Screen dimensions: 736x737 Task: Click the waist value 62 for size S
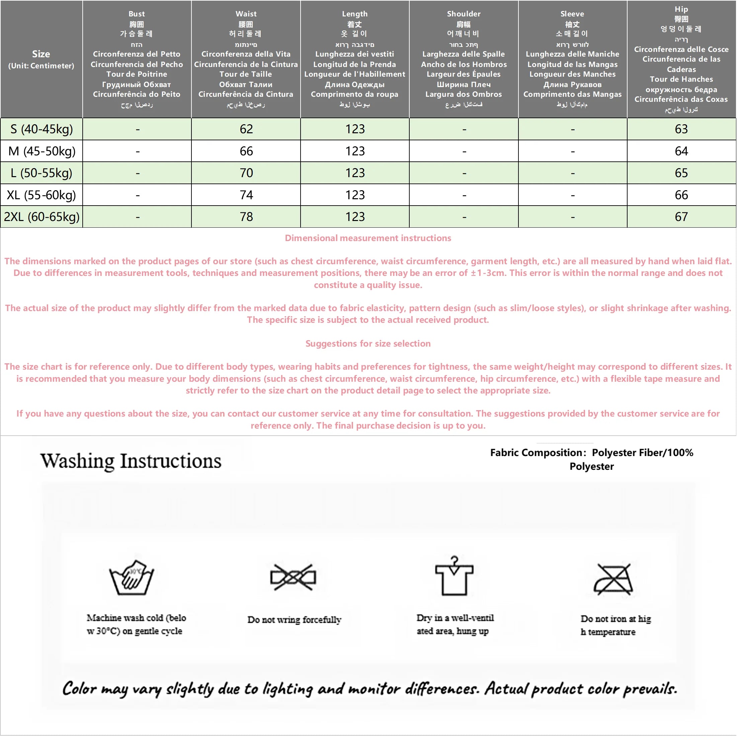coord(246,129)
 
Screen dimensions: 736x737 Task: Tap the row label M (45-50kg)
coord(42,151)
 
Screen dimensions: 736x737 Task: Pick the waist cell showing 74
coord(246,195)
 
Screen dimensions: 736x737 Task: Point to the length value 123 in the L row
coord(355,173)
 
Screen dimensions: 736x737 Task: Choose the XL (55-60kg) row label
coord(41,195)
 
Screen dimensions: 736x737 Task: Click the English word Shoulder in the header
coord(464,14)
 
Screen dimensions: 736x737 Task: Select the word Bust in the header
coord(137,14)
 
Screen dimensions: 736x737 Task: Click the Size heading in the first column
coord(41,54)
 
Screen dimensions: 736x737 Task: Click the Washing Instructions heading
coord(131,461)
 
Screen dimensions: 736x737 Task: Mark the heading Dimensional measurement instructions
coord(368,238)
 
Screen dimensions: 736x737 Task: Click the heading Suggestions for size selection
coord(368,344)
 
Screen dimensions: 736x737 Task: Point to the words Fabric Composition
coord(536,453)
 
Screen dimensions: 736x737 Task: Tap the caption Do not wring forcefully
coord(294,619)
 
